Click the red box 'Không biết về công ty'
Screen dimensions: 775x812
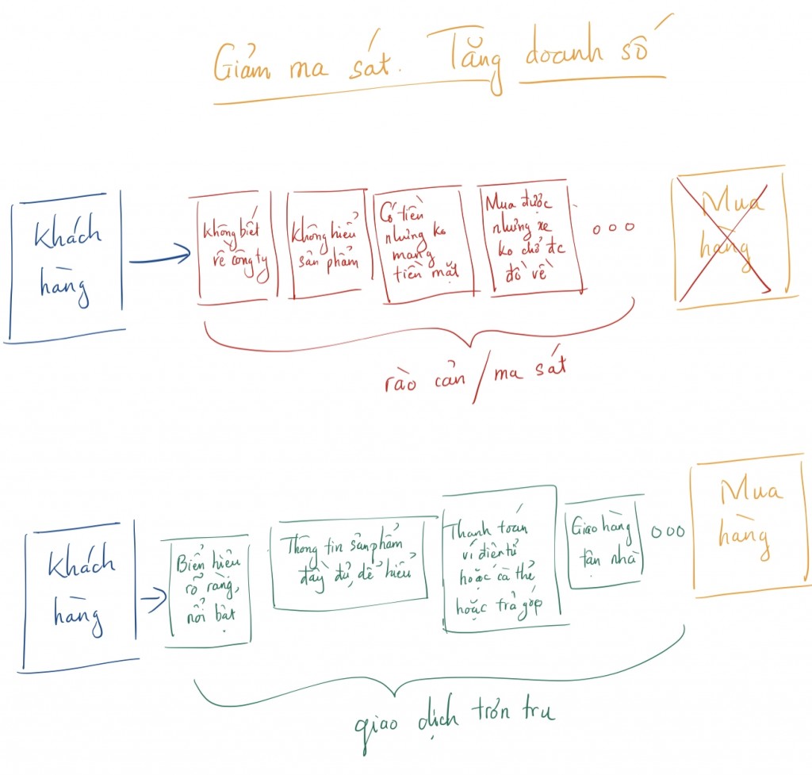pyautogui.click(x=236, y=247)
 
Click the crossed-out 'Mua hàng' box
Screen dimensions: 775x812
pyautogui.click(x=730, y=238)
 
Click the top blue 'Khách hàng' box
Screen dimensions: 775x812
pyautogui.click(x=67, y=263)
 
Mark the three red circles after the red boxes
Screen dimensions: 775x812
pyautogui.click(x=614, y=227)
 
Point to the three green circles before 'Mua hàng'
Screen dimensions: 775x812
pyautogui.click(x=667, y=531)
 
